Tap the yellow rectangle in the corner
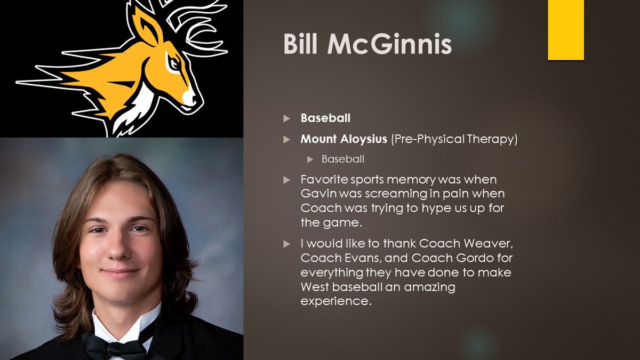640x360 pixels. point(566,30)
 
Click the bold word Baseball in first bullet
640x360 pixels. point(326,118)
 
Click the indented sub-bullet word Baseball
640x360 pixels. point(342,159)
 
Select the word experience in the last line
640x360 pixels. point(335,301)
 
